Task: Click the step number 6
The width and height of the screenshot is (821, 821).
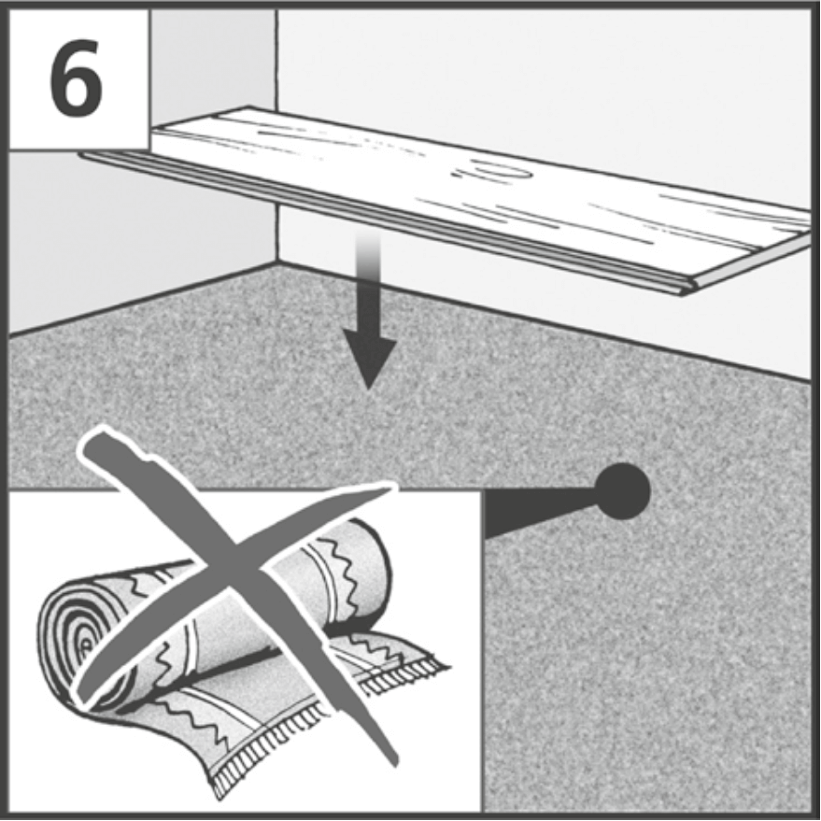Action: tap(76, 78)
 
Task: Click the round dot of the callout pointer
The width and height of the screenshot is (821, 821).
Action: tap(622, 491)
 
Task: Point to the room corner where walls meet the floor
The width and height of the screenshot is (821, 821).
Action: tap(277, 262)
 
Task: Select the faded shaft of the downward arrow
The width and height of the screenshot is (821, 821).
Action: tap(369, 287)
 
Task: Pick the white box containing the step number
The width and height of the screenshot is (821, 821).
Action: tap(78, 79)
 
